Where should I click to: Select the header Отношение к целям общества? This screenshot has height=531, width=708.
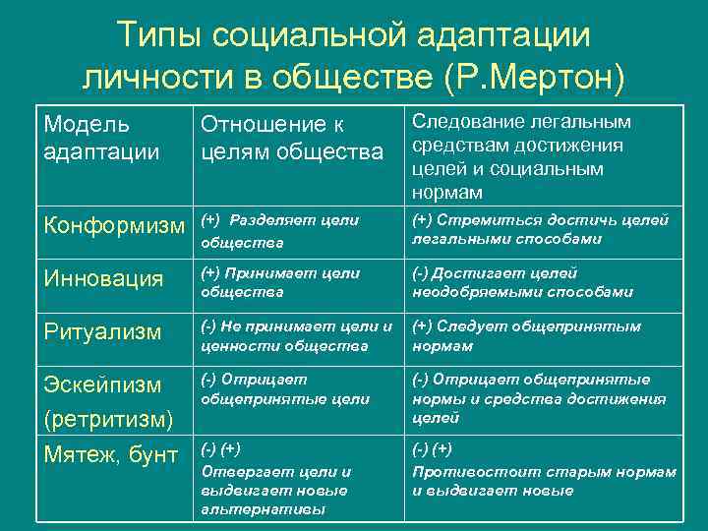[x=291, y=139]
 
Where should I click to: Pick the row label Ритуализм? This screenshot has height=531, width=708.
[x=102, y=332]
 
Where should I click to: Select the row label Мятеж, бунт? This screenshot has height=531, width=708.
[x=112, y=454]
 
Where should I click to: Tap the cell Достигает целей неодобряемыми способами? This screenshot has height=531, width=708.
[x=522, y=282]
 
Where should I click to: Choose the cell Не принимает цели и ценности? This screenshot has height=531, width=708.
[x=296, y=335]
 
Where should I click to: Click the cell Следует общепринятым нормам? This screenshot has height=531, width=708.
[x=526, y=335]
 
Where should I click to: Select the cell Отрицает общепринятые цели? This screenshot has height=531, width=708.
[x=285, y=389]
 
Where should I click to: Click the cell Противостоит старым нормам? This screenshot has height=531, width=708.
[x=544, y=471]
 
